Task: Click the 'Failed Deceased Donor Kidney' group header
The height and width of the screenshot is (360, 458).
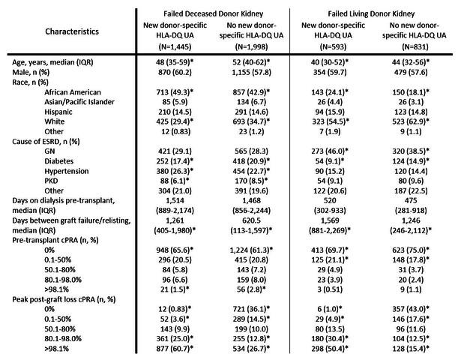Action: pyautogui.click(x=213, y=13)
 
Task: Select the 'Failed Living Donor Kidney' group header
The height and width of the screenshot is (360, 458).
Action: pyautogui.click(x=371, y=13)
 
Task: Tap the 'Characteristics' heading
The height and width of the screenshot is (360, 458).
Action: pyautogui.click(x=72, y=31)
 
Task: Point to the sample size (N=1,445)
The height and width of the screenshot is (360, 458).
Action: pyautogui.click(x=175, y=46)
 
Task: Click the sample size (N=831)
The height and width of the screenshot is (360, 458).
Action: pyautogui.click(x=415, y=46)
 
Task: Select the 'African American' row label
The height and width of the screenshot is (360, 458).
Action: pyautogui.click(x=73, y=92)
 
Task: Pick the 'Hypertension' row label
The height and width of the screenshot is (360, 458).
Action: pyautogui.click(x=67, y=171)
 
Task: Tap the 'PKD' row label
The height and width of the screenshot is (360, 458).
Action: pyautogui.click(x=51, y=181)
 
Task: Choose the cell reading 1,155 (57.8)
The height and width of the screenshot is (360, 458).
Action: pyautogui.click(x=252, y=72)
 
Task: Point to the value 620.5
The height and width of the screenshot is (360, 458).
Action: pyautogui.click(x=252, y=220)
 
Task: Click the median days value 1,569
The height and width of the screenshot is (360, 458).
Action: pyautogui.click(x=330, y=220)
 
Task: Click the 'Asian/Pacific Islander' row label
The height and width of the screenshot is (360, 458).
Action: pyautogui.click(x=79, y=102)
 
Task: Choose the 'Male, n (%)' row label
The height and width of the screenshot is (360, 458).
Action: pyautogui.click(x=31, y=72)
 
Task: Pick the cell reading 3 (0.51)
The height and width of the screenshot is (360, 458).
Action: pyautogui.click(x=330, y=289)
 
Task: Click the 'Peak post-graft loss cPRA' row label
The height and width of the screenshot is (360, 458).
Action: pyautogui.click(x=64, y=299)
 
